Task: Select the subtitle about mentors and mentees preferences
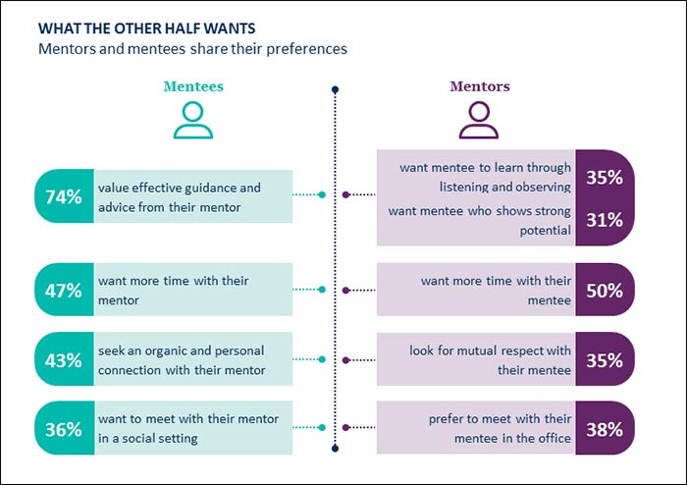click(192, 47)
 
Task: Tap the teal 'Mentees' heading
click(192, 86)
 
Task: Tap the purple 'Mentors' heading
click(479, 86)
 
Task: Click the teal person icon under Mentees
click(192, 121)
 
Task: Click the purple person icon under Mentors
click(479, 121)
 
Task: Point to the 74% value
click(63, 196)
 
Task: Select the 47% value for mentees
click(63, 291)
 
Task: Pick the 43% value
click(63, 360)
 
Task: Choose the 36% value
click(63, 429)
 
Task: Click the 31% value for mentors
click(604, 221)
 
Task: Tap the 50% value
click(604, 291)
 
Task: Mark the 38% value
click(604, 429)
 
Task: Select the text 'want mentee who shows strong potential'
click(480, 221)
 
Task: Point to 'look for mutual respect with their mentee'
click(490, 360)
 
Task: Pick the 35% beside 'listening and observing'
click(604, 179)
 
